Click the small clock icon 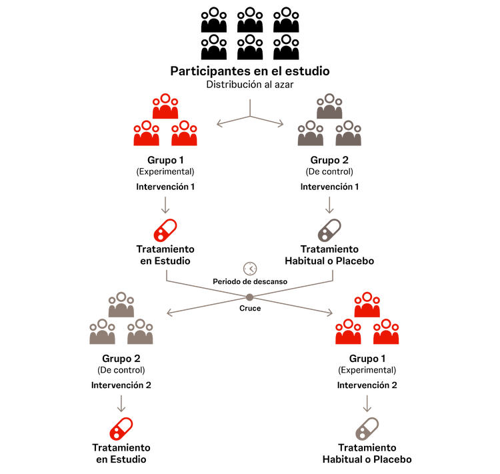[x=250, y=268]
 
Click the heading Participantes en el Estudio [x=249, y=71]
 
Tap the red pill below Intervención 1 [x=164, y=229]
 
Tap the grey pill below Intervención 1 [x=329, y=229]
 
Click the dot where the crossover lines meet [x=249, y=297]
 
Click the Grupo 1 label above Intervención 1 [x=165, y=160]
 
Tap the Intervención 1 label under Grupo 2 [x=330, y=187]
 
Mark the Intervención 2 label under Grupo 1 [x=367, y=385]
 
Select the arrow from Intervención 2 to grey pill [x=367, y=403]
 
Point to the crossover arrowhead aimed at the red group [x=329, y=313]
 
